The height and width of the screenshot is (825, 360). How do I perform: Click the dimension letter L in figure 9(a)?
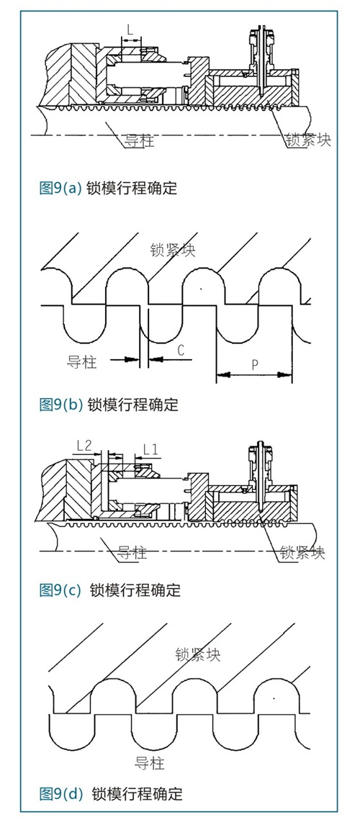[x=131, y=30]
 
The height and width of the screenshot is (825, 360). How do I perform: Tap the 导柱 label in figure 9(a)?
[x=140, y=140]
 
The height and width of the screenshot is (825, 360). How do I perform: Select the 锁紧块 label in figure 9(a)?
[x=308, y=140]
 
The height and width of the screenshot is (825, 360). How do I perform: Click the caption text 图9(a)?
[x=60, y=188]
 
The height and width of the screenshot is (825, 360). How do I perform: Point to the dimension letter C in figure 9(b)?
[x=180, y=351]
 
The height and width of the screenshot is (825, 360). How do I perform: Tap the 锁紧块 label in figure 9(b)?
[x=173, y=249]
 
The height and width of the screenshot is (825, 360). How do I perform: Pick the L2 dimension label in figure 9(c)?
[x=85, y=446]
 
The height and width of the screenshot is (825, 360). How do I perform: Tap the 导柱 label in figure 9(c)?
[x=132, y=553]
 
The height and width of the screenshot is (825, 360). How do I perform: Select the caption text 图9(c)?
[x=60, y=590]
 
